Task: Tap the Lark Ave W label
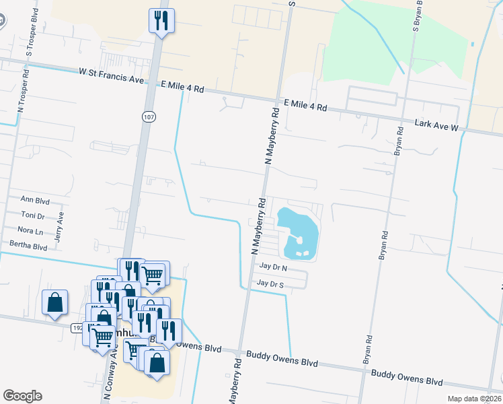(x=436, y=125)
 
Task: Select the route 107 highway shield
(x=148, y=117)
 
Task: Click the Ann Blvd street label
(x=36, y=199)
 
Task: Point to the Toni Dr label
(x=33, y=216)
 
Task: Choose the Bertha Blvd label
(x=28, y=247)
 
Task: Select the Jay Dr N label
(x=273, y=268)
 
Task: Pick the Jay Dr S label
(x=272, y=284)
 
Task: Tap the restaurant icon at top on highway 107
(x=161, y=20)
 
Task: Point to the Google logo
(x=22, y=396)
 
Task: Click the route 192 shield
(x=77, y=326)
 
